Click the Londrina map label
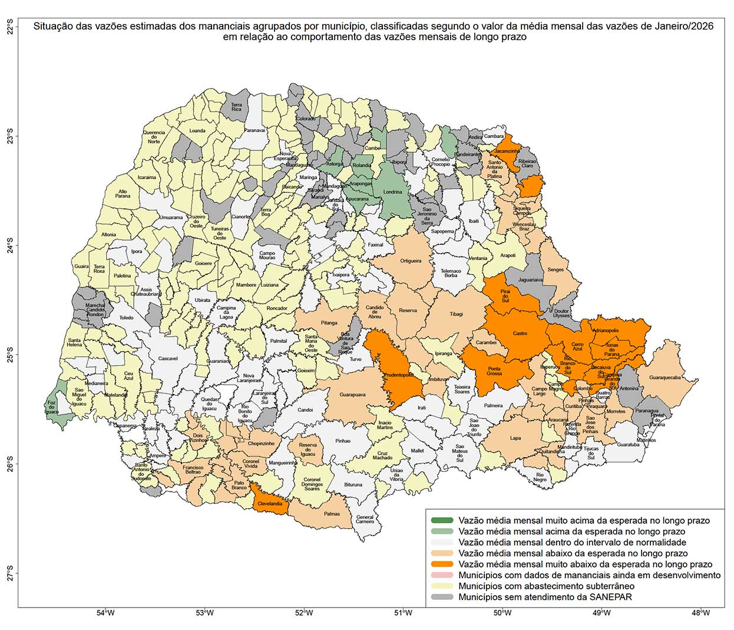392,192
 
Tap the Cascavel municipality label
168,359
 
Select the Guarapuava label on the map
352,395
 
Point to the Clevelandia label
272,504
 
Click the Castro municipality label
520,333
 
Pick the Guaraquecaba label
664,378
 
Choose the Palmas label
332,514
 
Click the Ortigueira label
411,261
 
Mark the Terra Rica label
236,107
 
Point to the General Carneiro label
365,519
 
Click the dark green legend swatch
442,521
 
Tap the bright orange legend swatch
442,565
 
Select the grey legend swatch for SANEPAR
442,597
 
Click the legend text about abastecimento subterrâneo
547,586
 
